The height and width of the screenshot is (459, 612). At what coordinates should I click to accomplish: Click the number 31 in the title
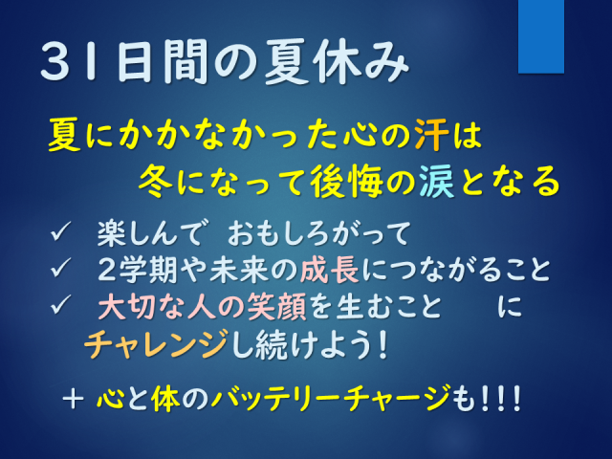(x=69, y=61)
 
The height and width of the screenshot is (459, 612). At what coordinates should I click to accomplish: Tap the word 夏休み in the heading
(x=337, y=61)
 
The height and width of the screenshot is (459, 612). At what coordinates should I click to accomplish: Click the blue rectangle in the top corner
(x=541, y=36)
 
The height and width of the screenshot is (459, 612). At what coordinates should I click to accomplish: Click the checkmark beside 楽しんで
(x=60, y=231)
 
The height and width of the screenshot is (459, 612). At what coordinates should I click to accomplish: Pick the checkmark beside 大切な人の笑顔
(x=60, y=304)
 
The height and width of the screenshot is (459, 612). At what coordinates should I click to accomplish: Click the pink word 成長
(x=330, y=270)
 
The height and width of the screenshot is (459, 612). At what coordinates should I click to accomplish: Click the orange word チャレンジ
(x=156, y=343)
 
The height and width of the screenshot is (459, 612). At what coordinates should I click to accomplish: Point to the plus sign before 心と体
(x=73, y=400)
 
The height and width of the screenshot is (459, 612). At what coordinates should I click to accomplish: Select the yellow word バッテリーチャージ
(x=331, y=398)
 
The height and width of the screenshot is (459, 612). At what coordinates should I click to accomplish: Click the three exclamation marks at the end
(x=501, y=398)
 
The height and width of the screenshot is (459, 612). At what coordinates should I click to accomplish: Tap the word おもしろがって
(x=318, y=233)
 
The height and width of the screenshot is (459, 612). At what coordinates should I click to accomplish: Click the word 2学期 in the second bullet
(x=138, y=270)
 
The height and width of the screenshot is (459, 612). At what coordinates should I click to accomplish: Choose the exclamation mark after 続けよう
(x=382, y=344)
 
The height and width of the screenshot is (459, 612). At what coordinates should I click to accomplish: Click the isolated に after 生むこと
(x=510, y=306)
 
